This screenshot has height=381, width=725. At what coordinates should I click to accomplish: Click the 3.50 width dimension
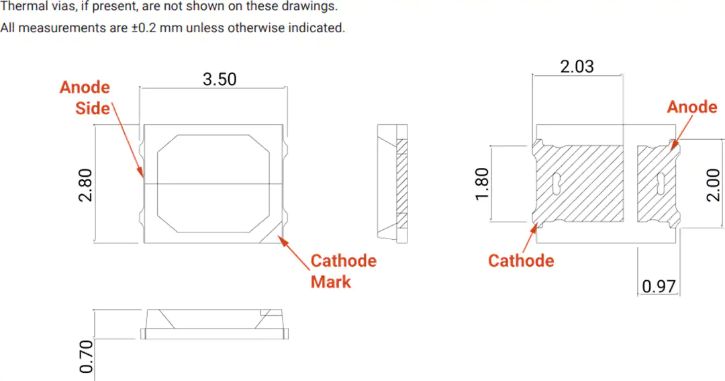(x=220, y=79)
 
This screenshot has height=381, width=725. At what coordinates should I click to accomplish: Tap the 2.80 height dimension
(x=85, y=185)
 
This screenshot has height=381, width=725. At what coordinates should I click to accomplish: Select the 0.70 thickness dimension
(x=87, y=356)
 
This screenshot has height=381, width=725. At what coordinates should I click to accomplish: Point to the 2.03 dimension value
(x=577, y=67)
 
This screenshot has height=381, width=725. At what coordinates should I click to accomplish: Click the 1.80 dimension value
(x=482, y=184)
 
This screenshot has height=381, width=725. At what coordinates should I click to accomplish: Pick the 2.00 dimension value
(x=714, y=185)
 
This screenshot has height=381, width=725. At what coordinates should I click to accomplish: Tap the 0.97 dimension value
(x=659, y=286)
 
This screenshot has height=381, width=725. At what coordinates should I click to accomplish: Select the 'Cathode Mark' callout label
(x=344, y=271)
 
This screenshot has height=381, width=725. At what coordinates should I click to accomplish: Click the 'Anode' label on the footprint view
(x=691, y=107)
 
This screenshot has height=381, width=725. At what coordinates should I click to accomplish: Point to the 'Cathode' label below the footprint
(x=521, y=261)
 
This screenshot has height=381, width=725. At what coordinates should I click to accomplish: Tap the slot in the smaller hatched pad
(x=661, y=184)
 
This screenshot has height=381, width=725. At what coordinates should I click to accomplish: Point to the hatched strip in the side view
(x=402, y=184)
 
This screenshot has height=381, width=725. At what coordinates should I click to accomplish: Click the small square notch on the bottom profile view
(x=265, y=312)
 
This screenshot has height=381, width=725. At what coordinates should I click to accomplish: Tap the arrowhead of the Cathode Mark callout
(x=281, y=240)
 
